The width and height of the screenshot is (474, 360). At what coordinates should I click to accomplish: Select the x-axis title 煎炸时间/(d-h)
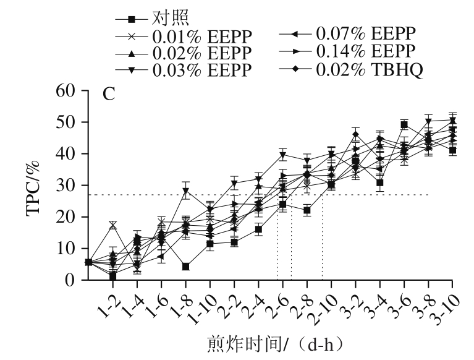point(274,343)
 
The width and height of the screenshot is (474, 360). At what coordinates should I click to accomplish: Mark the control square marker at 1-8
point(185,267)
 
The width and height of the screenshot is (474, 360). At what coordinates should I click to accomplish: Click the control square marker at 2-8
point(307,210)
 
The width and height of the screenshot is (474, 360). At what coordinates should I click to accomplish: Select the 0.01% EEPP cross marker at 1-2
point(113,225)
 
